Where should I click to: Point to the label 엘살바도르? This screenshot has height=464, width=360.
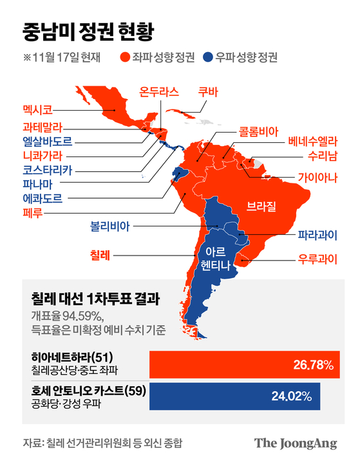(x=47, y=140)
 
